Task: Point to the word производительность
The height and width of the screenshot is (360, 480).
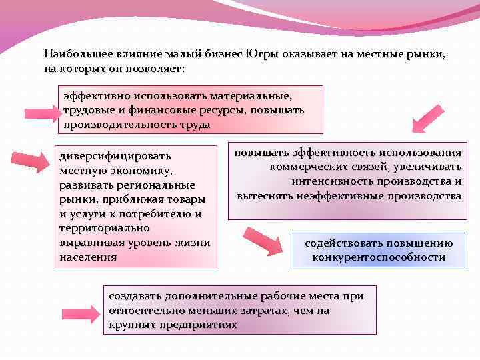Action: pyautogui.click(x=121, y=125)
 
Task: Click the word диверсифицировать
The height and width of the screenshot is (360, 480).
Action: pyautogui.click(x=111, y=155)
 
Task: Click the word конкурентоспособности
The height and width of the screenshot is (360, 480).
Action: pyautogui.click(x=379, y=257)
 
